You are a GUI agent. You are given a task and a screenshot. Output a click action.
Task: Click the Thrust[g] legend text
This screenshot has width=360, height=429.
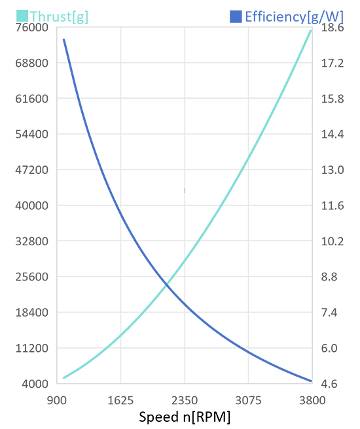click(59, 17)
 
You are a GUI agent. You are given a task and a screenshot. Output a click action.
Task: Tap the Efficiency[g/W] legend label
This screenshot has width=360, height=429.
click(294, 17)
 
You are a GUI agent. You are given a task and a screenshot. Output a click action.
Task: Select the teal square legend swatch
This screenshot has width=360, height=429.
click(22, 16)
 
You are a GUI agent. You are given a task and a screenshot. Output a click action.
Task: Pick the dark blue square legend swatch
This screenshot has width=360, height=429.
click(236, 16)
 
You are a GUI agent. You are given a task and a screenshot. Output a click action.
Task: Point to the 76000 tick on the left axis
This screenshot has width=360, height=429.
click(32, 27)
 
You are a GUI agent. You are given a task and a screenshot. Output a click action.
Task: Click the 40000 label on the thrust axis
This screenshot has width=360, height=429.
click(32, 205)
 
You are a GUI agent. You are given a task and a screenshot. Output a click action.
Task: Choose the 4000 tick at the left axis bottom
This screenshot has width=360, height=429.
click(35, 384)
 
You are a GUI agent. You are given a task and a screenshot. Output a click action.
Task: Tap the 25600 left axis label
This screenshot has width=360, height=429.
click(32, 277)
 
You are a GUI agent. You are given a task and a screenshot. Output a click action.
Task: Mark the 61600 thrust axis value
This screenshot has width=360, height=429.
click(32, 99)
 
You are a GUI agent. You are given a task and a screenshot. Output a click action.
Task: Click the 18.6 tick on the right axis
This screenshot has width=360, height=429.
click(333, 27)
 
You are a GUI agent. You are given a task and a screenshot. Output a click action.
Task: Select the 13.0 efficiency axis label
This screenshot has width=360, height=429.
click(333, 170)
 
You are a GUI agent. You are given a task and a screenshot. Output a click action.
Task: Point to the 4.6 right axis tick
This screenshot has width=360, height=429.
click(329, 384)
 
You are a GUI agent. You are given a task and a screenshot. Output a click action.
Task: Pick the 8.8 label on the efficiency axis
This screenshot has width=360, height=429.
click(329, 277)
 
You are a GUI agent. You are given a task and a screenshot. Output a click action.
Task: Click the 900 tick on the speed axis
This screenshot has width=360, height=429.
click(57, 400)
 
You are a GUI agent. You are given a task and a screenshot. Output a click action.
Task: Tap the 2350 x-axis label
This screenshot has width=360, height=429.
click(185, 400)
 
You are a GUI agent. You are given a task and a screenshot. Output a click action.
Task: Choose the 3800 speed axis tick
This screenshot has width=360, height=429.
click(312, 400)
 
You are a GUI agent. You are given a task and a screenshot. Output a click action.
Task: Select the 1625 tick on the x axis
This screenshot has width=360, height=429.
click(120, 400)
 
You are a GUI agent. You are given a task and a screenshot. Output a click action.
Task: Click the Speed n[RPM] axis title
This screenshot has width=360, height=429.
click(185, 417)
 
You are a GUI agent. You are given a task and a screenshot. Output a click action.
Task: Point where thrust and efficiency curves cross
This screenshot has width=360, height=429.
click(166, 285)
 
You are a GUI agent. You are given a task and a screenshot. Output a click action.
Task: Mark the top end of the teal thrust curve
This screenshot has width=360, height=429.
click(311, 31)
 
